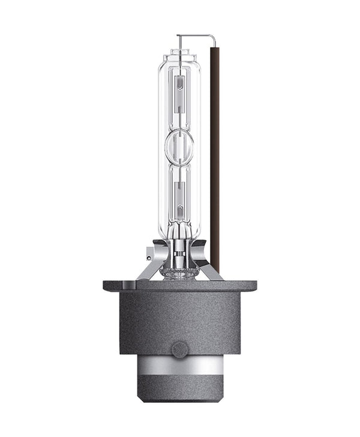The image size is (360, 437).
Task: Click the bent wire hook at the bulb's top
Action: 214,39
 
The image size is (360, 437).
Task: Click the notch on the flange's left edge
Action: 106,286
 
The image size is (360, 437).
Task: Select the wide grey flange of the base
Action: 179,286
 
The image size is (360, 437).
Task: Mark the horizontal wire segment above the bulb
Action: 195,35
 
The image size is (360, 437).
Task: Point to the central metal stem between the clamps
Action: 179,252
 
